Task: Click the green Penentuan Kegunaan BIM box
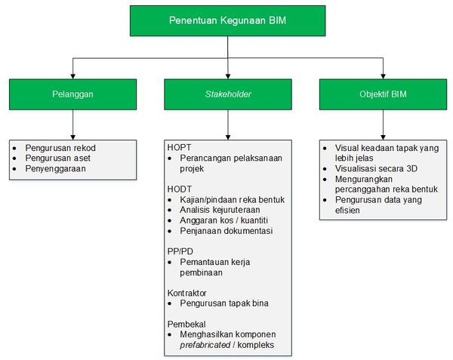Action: pos(228,21)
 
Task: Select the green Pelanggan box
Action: pos(72,94)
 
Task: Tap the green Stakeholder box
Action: pos(228,94)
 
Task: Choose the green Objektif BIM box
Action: pos(383,94)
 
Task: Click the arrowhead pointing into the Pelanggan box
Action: pos(72,76)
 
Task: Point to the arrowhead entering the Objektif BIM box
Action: pos(383,76)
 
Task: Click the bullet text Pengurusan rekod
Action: pos(60,148)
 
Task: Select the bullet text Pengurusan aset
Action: pos(58,158)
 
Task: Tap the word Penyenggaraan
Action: pos(55,168)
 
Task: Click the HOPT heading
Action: pos(179,147)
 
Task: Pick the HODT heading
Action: pos(180,189)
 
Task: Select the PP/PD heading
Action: pos(180,251)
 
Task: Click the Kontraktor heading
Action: pos(187,293)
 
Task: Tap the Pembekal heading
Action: pos(186,325)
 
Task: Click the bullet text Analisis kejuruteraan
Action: pos(220,210)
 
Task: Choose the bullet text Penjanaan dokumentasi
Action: pos(226,231)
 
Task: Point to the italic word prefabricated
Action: pos(205,345)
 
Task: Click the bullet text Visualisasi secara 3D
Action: pos(376,168)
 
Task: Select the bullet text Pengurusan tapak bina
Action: pos(224,303)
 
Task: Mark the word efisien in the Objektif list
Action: pos(347,210)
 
